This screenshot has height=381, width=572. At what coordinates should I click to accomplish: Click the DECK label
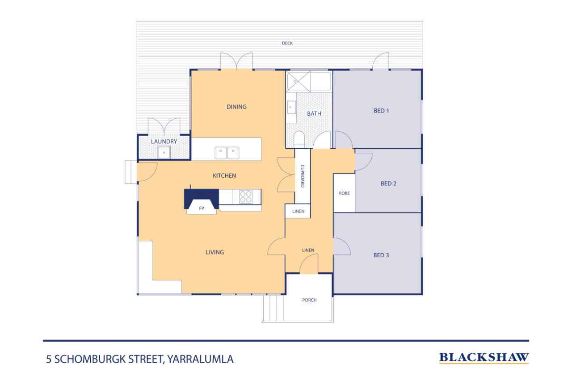287,43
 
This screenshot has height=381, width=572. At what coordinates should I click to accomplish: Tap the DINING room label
236,107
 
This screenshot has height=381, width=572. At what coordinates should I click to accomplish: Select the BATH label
314,113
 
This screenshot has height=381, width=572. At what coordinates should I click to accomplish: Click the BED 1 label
381,111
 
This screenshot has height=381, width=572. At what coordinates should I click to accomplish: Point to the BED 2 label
388,184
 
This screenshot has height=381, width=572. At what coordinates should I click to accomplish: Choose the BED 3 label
381,255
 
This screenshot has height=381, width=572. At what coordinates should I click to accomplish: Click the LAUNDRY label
164,142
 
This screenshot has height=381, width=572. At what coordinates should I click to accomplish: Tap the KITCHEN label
224,176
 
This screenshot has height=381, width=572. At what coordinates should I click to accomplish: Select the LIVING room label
215,252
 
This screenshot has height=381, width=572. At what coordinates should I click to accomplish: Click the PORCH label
310,300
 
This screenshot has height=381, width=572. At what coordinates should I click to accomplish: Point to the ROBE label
344,193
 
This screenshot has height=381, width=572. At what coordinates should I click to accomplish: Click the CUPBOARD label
303,176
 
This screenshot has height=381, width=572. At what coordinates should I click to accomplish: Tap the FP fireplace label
202,209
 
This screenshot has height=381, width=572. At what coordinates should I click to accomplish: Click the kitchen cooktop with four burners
246,197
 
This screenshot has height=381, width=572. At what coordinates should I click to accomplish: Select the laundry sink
164,153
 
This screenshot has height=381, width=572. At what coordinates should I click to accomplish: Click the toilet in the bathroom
299,140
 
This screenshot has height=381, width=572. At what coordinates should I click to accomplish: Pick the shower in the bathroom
298,81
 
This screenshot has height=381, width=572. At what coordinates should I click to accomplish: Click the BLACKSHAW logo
484,358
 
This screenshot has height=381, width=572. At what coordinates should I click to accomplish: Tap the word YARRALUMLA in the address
201,359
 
